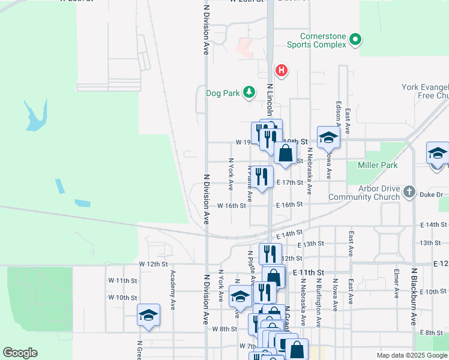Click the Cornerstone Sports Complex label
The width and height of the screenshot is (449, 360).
pyautogui.click(x=316, y=40)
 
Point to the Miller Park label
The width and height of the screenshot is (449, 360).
pyautogui.click(x=378, y=165)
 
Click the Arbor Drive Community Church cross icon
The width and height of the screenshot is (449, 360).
pyautogui.click(x=409, y=192)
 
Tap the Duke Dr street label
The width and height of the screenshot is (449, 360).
pyautogui.click(x=431, y=194)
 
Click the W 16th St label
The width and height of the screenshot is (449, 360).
pyautogui.click(x=232, y=205)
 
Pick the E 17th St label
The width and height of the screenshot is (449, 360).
pyautogui.click(x=290, y=182)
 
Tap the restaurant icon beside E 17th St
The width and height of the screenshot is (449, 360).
pyautogui.click(x=261, y=176)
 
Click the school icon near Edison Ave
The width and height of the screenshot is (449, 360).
pyautogui.click(x=328, y=137)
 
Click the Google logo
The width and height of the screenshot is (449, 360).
pyautogui.click(x=20, y=353)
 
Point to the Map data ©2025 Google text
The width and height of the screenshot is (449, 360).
pyautogui.click(x=412, y=355)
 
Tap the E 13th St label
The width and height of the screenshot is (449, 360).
pyautogui.click(x=311, y=244)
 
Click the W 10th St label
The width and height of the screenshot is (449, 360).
pyautogui.click(x=122, y=298)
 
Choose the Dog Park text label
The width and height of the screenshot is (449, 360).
pyautogui.click(x=222, y=93)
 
